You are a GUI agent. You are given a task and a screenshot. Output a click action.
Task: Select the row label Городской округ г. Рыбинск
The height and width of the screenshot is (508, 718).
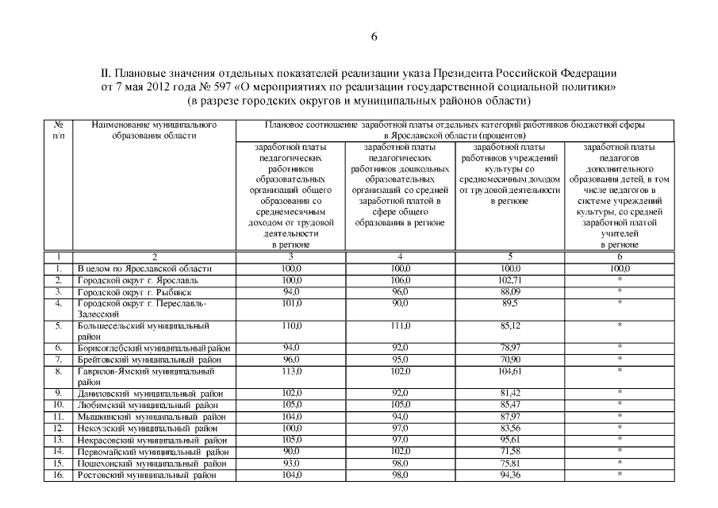point(131,291)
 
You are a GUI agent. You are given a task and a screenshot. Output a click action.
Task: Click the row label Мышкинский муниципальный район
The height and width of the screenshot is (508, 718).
point(145,416)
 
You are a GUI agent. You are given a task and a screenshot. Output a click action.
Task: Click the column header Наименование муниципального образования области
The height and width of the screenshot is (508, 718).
point(154,130)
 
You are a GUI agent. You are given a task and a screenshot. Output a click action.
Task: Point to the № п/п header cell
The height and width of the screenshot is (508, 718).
point(58,130)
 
